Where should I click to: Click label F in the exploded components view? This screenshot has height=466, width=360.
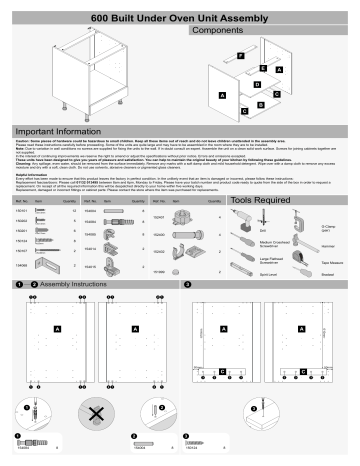coord(241,53)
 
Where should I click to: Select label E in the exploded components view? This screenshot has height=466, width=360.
coord(261,67)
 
